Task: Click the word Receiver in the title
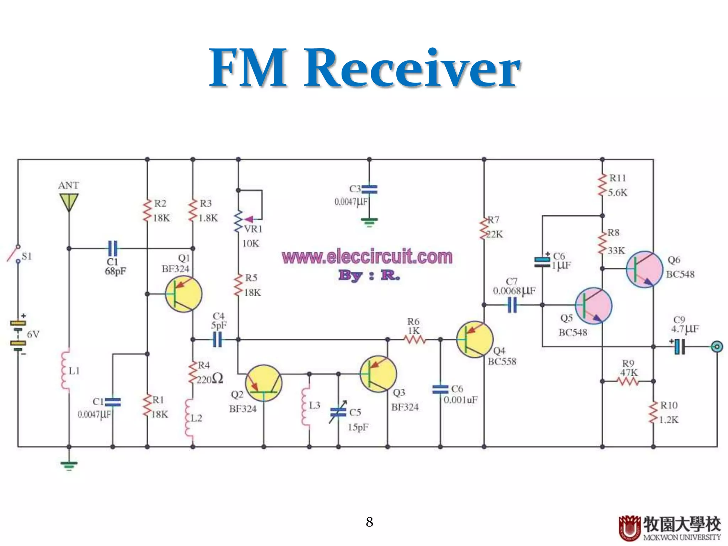pos(412,68)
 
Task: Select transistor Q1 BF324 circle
pos(184,295)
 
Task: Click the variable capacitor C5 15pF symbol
pos(338,412)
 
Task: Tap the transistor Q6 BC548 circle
pos(644,269)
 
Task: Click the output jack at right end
pos(717,347)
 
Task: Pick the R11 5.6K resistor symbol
pos(602,185)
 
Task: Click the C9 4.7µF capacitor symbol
pos(680,347)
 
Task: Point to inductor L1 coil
pos(65,370)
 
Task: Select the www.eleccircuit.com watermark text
pos(367,257)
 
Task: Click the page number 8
pos(369,522)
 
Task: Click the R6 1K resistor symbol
pos(415,340)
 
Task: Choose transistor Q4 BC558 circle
pos(475,340)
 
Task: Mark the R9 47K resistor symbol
pos(628,381)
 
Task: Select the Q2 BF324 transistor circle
pos(264,383)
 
